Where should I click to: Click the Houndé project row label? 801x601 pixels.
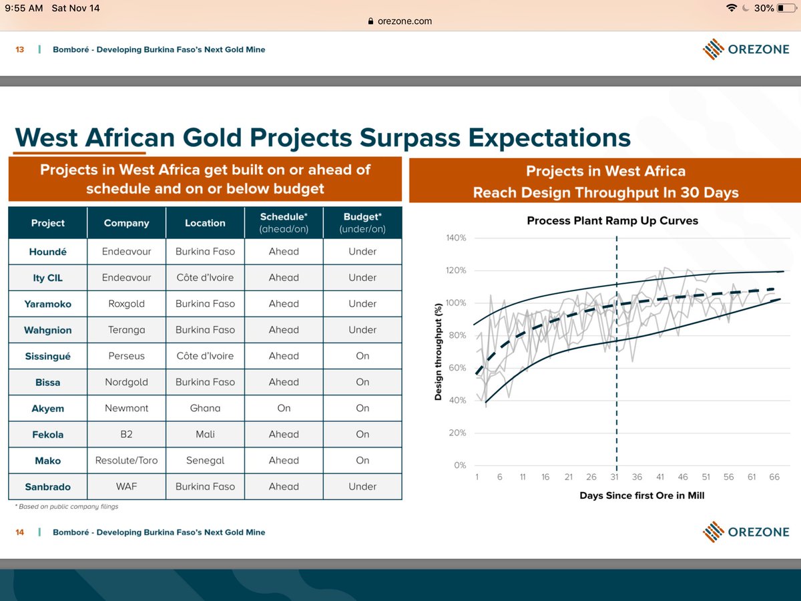point(48,252)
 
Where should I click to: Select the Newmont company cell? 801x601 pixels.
point(126,408)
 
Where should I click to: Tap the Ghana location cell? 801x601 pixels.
point(205,408)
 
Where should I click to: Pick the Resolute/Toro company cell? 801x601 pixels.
point(126,460)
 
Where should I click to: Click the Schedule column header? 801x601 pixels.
point(284,223)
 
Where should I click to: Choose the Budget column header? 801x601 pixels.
point(362,223)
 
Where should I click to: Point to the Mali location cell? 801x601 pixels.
point(205,434)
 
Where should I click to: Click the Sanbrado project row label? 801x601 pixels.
point(48,486)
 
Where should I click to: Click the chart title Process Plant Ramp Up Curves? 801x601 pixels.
point(612,220)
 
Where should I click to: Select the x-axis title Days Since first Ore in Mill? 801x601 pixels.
point(641,495)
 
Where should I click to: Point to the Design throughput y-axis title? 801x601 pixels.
point(439,351)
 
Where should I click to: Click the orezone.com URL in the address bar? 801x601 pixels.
point(405,21)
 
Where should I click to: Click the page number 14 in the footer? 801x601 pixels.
point(20,532)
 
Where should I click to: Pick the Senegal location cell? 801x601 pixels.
point(205,460)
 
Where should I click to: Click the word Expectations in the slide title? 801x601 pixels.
point(549,137)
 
